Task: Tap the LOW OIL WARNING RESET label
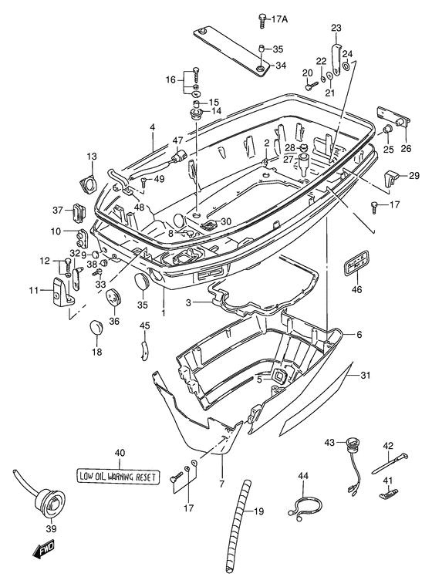[x=118, y=477]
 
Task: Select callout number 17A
[x=279, y=19]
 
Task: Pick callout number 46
[x=357, y=289]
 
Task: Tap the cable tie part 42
[x=390, y=464]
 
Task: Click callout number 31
[x=365, y=374]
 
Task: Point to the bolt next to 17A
[x=262, y=20]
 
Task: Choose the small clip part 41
[x=389, y=494]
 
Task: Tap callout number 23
[x=336, y=28]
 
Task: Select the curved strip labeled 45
[x=144, y=349]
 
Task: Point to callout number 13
[x=92, y=156]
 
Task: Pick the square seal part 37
[x=79, y=212]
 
